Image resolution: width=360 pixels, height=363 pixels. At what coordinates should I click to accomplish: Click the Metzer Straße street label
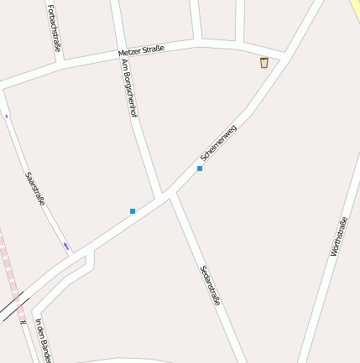(141, 51)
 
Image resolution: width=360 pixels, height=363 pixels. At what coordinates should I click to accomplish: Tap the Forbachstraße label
(55, 28)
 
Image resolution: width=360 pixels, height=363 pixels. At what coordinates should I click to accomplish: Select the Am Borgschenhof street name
(128, 87)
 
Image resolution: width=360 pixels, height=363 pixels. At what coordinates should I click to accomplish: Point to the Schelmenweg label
(218, 143)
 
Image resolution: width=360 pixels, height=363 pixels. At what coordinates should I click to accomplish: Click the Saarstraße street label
(34, 189)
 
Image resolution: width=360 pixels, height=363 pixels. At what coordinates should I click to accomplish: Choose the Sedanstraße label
(210, 285)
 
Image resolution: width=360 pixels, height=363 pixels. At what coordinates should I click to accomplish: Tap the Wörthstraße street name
(339, 236)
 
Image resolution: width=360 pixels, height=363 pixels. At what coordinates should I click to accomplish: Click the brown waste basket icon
(263, 63)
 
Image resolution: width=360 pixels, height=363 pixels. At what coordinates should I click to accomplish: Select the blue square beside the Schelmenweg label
(200, 169)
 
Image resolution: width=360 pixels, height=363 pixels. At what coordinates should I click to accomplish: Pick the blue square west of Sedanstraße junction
(133, 211)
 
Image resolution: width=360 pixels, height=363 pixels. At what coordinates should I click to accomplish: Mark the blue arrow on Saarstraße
(66, 246)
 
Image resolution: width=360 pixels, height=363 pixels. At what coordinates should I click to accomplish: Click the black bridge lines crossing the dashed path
(15, 306)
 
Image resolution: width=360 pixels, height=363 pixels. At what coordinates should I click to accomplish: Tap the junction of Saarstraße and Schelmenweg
(74, 253)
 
